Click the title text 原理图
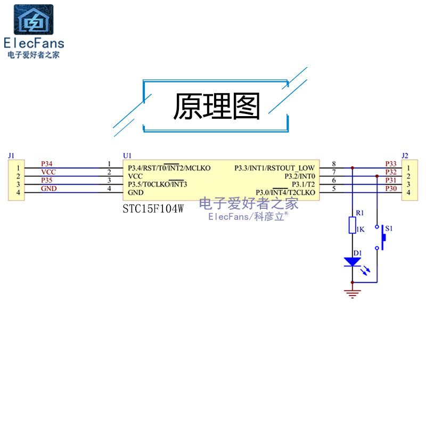(x=217, y=106)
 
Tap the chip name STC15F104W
(x=153, y=209)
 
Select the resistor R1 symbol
(x=352, y=225)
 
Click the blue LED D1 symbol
(x=352, y=261)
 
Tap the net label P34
(x=47, y=164)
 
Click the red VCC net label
(x=48, y=172)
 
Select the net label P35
(x=47, y=181)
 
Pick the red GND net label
(x=48, y=189)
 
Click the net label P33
(x=391, y=164)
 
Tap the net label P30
(x=391, y=189)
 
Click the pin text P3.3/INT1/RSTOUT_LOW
(x=274, y=168)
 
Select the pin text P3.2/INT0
(x=299, y=176)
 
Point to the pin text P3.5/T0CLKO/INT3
(x=158, y=184)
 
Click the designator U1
(x=127, y=155)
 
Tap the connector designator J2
(x=405, y=155)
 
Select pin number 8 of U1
(x=333, y=164)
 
